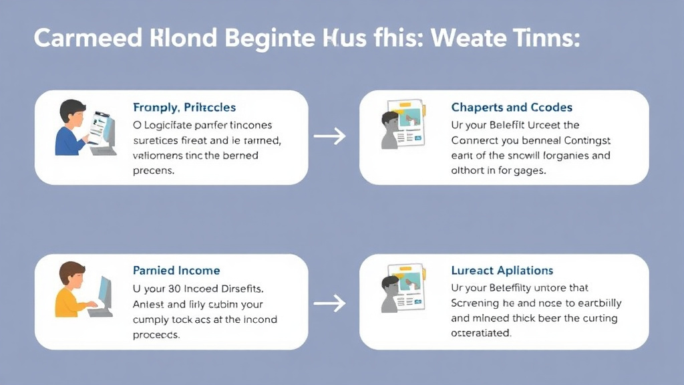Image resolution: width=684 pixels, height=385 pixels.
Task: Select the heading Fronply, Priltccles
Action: pos(184,108)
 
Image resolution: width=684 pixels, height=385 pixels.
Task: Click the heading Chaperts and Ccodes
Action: pos(512,108)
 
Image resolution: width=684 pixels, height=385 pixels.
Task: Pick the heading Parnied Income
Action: pos(176,271)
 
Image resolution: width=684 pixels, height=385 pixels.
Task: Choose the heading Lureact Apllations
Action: pos(502,271)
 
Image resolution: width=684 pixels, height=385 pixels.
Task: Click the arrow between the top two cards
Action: pos(330,136)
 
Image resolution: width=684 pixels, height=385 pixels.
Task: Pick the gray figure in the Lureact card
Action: pos(389,294)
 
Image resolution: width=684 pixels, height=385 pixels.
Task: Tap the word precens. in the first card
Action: pos(154,170)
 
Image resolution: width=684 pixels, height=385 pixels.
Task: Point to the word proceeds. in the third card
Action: pos(156,335)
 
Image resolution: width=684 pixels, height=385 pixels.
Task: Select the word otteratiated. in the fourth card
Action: pos(481,333)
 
